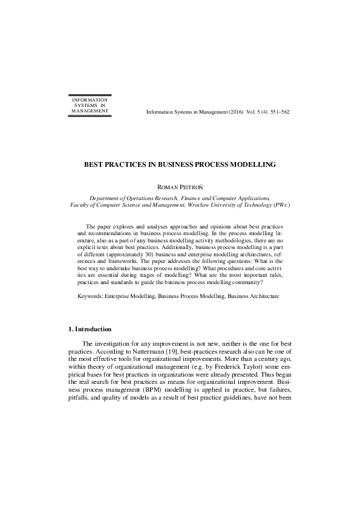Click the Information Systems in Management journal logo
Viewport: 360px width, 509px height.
[x=90, y=105]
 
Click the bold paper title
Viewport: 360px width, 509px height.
[x=180, y=164]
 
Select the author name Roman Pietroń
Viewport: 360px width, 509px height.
[x=180, y=187]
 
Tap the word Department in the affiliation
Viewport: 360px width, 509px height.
[x=108, y=198]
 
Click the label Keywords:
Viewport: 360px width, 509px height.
[x=90, y=297]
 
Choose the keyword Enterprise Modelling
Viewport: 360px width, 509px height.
[x=129, y=297]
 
